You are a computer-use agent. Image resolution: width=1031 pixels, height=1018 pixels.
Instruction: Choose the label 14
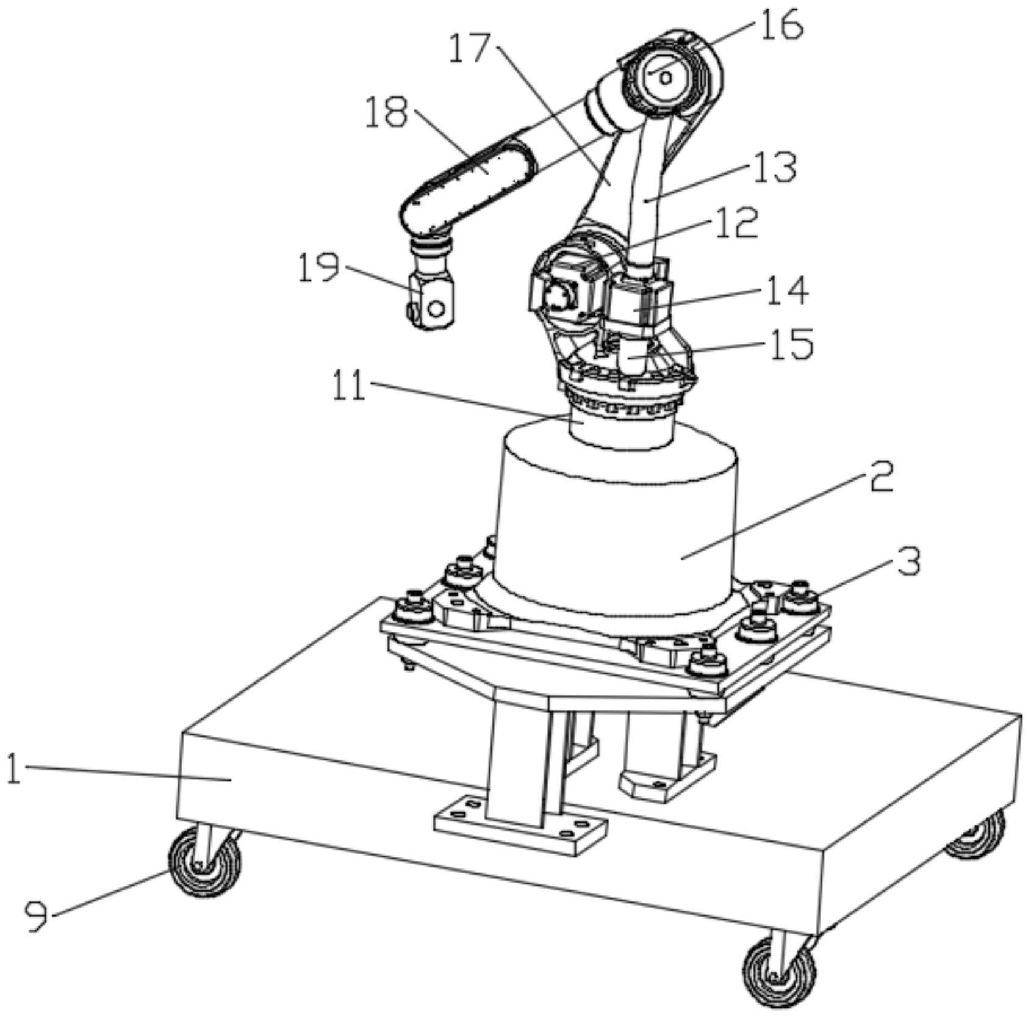(x=786, y=291)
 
